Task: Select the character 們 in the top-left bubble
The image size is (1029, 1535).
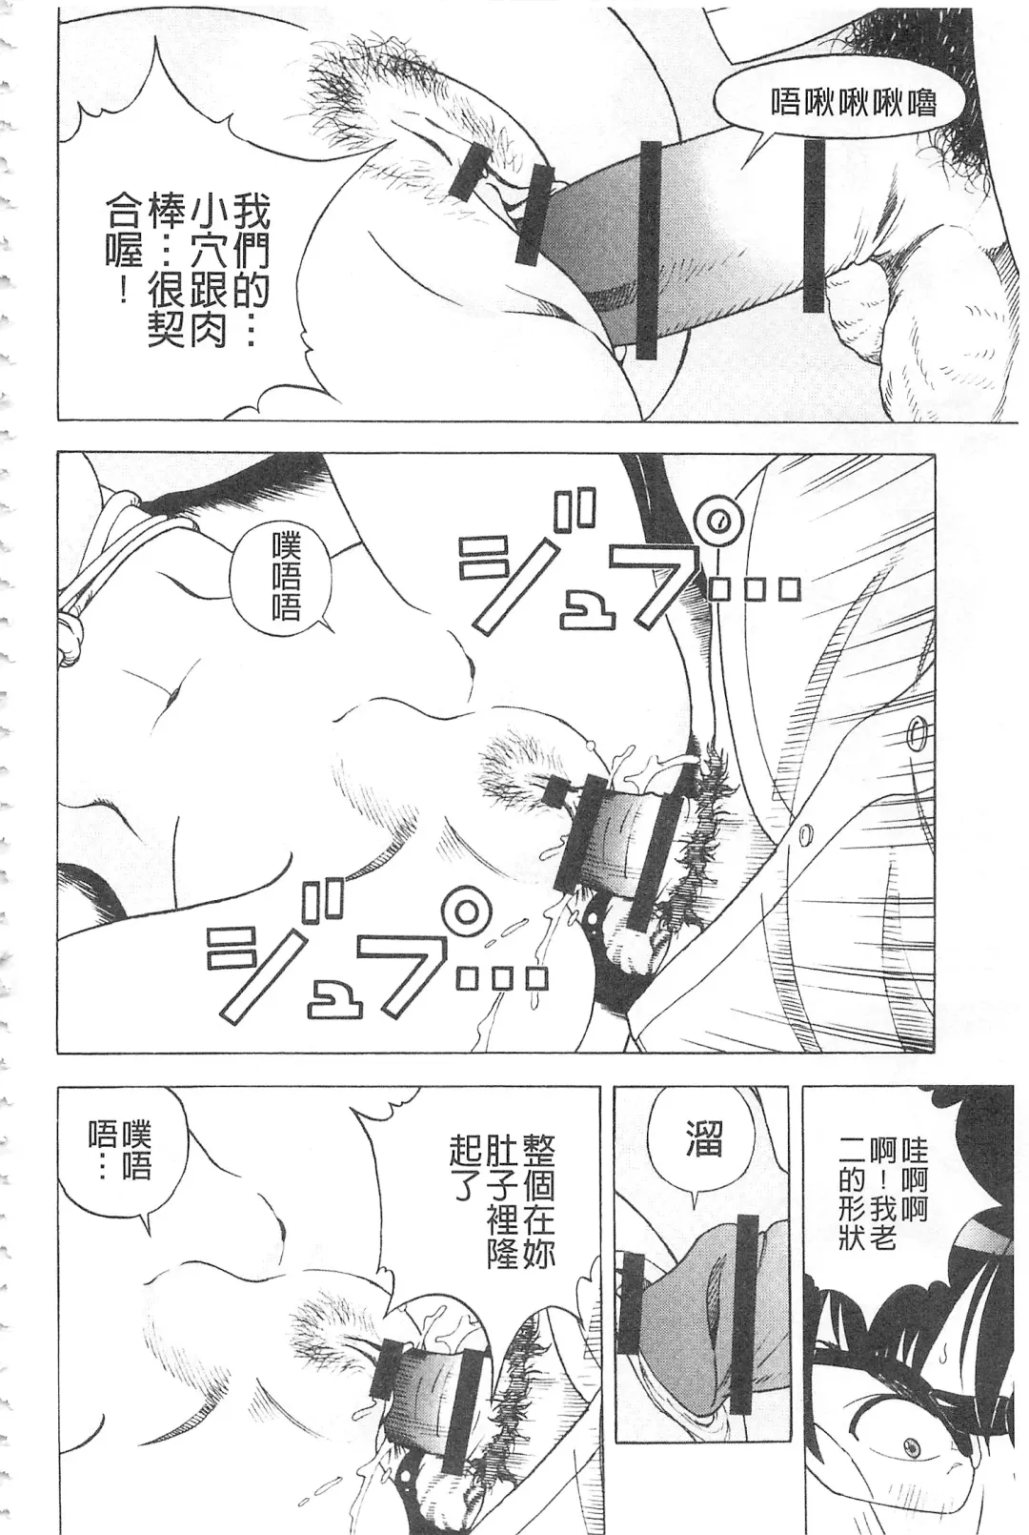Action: tap(252, 250)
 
